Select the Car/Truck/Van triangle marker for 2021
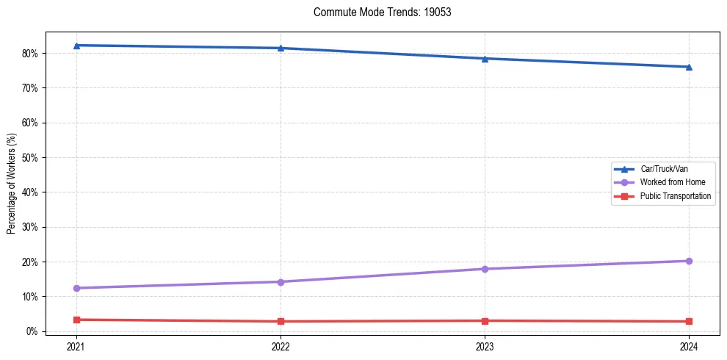76,46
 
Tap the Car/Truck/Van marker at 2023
485,59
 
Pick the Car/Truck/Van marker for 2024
689,67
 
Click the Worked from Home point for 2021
76,288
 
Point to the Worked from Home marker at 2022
281,282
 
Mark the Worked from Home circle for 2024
689,261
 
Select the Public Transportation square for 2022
281,321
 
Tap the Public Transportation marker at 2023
485,320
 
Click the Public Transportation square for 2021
76,320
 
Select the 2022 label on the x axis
281,345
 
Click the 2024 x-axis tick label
689,345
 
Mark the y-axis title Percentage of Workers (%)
12,184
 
